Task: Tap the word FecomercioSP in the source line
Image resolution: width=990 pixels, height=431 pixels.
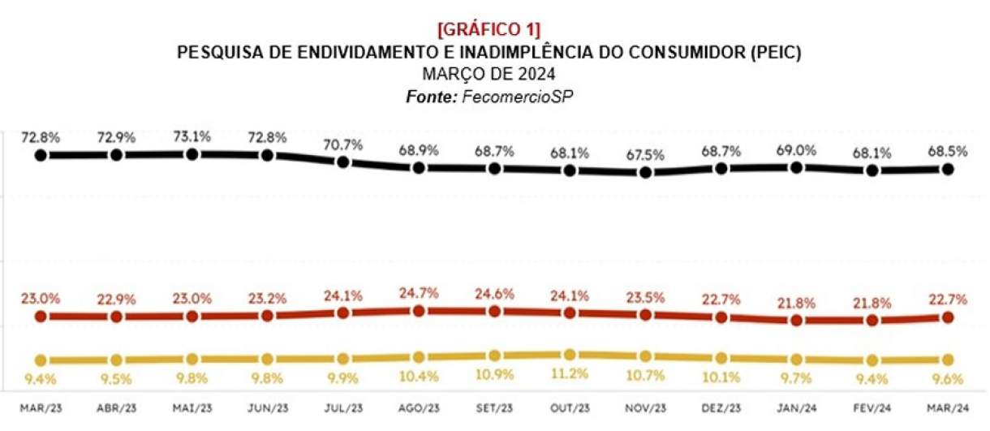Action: (x=520, y=97)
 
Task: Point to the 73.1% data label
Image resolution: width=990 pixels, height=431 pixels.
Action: (x=192, y=136)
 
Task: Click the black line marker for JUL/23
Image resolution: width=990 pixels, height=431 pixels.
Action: (x=343, y=162)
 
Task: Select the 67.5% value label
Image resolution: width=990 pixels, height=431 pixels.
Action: (x=646, y=155)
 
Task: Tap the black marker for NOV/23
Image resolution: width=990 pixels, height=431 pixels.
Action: (x=646, y=172)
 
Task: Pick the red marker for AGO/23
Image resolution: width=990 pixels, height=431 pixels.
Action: (x=419, y=311)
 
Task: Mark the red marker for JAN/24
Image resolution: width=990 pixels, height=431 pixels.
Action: (x=797, y=320)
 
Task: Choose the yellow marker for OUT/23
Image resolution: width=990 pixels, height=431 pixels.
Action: (x=570, y=355)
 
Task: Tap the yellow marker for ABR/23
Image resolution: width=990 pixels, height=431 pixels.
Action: (x=117, y=360)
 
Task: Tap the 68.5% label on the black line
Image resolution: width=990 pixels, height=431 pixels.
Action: (x=948, y=152)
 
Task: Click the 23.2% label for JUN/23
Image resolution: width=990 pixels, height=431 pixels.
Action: (x=268, y=299)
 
